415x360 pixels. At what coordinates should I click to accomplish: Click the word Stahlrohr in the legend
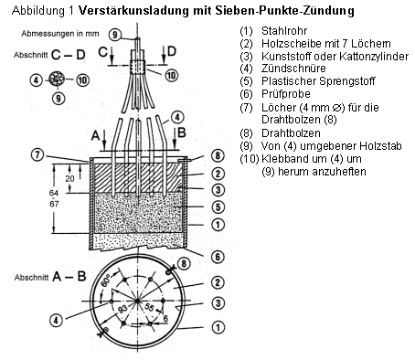(284, 31)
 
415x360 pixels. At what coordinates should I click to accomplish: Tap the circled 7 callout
(37, 154)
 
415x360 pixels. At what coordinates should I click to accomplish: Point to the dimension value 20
(69, 178)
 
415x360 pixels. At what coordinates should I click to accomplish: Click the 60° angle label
(106, 282)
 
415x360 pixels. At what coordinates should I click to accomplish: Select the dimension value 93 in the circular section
(122, 309)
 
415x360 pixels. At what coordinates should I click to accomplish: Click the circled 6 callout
(218, 257)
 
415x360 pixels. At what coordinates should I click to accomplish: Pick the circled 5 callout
(218, 207)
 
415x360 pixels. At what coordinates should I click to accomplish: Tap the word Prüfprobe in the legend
(286, 94)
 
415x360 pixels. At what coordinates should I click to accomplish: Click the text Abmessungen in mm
(60, 34)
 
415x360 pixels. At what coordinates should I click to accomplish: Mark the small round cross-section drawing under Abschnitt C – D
(57, 79)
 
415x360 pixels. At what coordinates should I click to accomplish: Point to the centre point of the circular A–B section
(137, 301)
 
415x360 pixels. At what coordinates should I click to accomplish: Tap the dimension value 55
(149, 307)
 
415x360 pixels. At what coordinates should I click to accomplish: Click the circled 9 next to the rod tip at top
(114, 35)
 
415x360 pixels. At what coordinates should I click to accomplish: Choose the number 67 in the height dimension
(54, 204)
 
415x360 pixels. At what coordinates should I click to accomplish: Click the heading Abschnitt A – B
(50, 277)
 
